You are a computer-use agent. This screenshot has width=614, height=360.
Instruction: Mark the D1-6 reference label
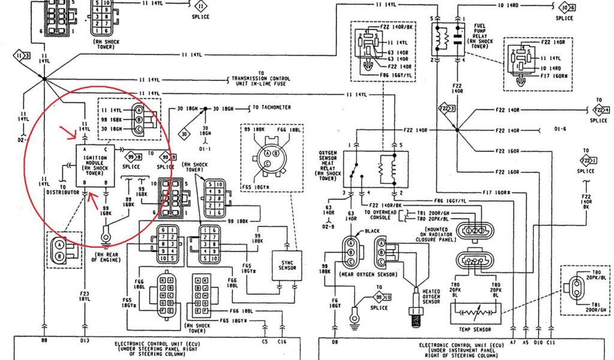(x=560, y=130)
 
